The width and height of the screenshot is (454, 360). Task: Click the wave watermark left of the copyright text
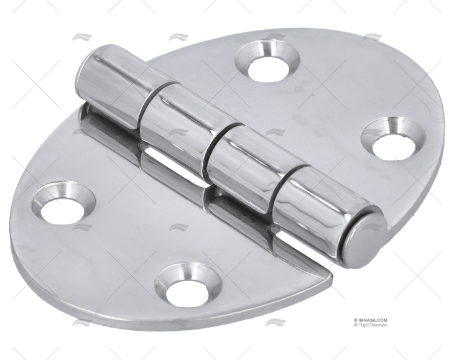tap(276, 322)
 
